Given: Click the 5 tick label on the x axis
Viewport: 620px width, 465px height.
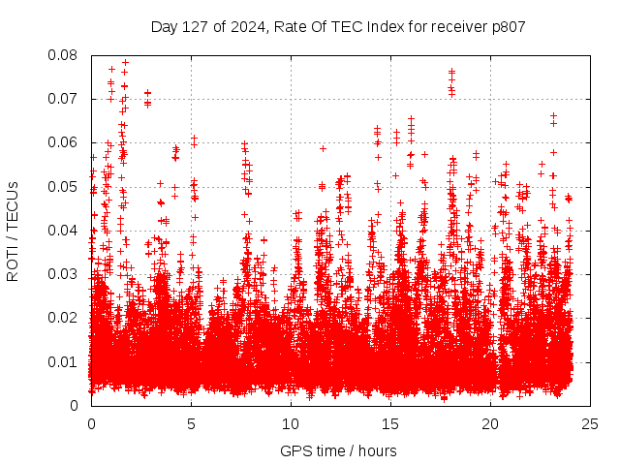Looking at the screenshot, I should point(191,424).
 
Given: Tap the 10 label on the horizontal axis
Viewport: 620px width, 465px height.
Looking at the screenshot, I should point(291,424).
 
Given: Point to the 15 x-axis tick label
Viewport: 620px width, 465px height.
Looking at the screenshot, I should point(390,424).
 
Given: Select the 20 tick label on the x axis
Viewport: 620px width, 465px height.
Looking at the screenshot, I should point(490,424).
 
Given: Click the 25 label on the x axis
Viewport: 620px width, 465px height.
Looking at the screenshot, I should point(590,424).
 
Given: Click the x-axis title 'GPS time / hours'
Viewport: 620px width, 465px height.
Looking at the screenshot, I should point(338,450).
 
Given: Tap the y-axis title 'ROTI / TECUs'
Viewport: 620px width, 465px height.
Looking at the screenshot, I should point(13,231).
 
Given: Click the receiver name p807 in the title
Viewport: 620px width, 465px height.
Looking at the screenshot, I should point(508,26).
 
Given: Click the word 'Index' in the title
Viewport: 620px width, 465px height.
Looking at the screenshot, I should point(378,26).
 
